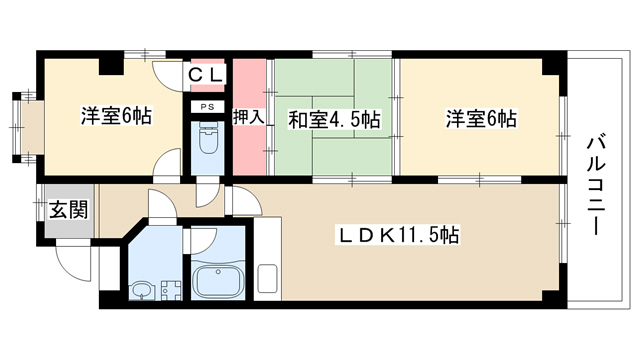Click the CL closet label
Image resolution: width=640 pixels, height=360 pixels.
(x=207, y=75)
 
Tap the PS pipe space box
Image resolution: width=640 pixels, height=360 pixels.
(x=208, y=107)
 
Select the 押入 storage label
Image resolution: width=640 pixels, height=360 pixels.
(x=249, y=117)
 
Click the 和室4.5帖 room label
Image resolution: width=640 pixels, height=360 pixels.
(x=334, y=120)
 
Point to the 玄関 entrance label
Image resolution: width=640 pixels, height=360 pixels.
(x=69, y=210)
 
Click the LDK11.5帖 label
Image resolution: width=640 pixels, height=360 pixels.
(x=397, y=235)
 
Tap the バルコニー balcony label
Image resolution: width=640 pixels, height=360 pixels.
(x=597, y=186)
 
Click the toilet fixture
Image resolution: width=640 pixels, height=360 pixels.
(x=208, y=139)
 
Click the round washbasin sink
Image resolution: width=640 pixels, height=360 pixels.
(x=143, y=290)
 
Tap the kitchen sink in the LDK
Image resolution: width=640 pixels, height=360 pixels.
(x=267, y=279)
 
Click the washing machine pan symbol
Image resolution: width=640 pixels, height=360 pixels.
(x=171, y=290)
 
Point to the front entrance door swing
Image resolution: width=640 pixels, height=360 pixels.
(x=73, y=261)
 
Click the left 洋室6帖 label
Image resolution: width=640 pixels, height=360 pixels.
(x=116, y=116)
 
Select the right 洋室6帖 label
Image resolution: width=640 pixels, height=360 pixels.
(x=481, y=119)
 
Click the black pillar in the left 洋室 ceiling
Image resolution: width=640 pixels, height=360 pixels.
(x=111, y=67)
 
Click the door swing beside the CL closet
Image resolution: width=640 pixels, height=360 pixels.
(x=167, y=76)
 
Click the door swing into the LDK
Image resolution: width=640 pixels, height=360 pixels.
(x=245, y=200)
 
